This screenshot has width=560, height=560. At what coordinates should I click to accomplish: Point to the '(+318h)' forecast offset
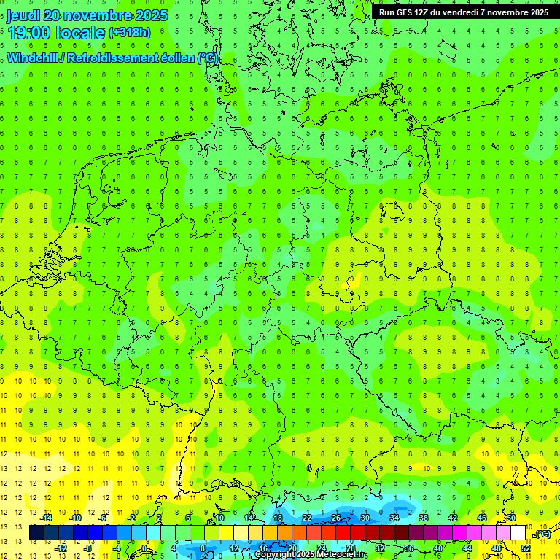coord(129,33)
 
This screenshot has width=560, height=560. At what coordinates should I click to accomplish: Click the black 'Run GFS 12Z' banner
coord(464,12)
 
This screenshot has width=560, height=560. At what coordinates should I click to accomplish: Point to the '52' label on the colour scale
coord(526,548)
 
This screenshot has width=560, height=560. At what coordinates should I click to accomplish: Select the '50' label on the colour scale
coord(511,518)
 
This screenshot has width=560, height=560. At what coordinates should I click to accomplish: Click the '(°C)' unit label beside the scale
coord(542,534)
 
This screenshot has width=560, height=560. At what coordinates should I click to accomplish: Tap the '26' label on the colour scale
coord(336,518)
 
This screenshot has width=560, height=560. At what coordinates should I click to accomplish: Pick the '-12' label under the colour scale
coord(61,548)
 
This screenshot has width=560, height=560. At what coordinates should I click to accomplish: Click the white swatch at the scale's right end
coord(518,533)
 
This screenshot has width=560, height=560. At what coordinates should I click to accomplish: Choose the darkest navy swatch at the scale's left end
coord(36,533)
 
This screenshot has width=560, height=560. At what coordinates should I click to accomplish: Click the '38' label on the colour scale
coord(424,518)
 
